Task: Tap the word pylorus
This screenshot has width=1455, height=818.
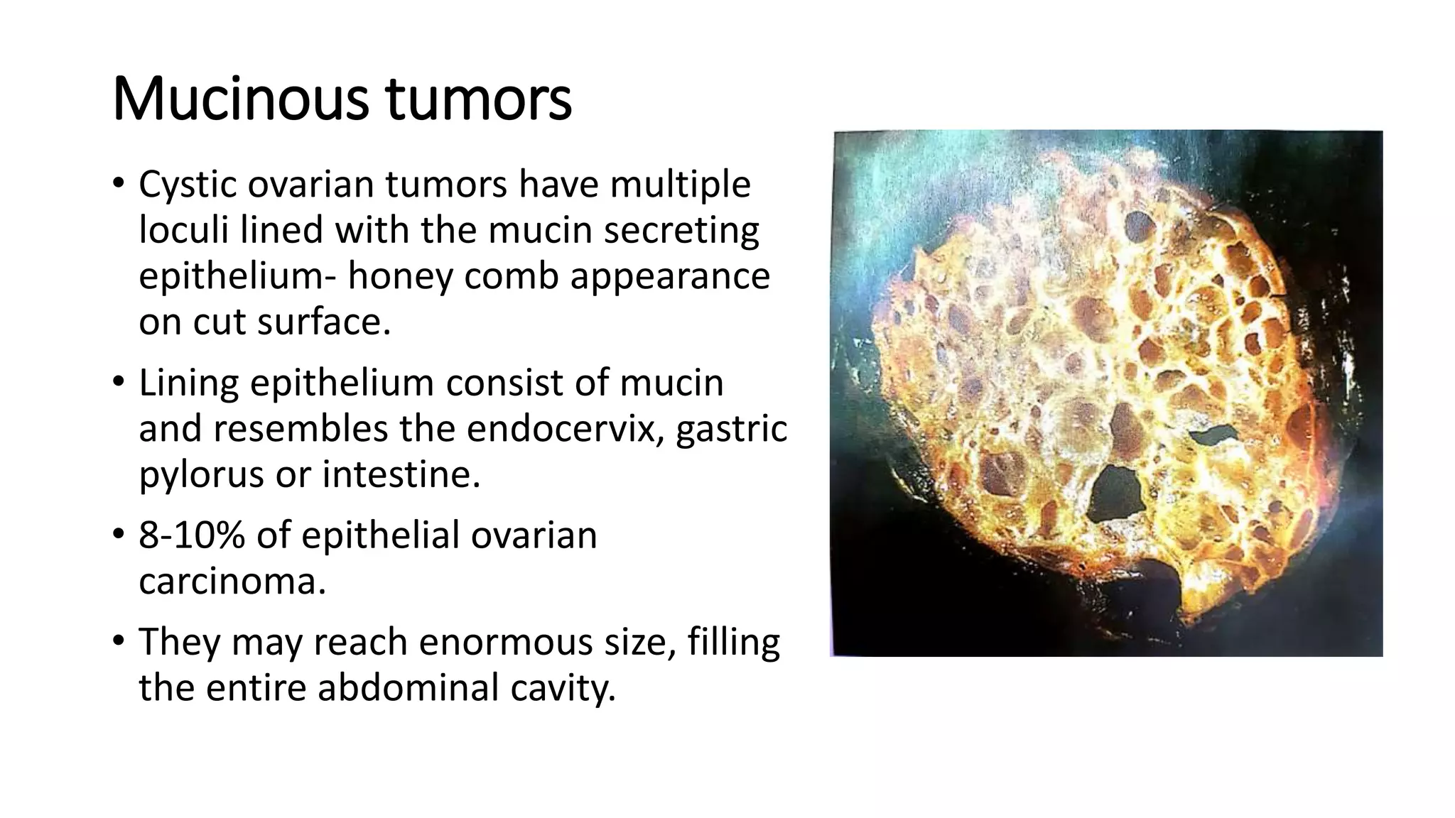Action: [x=201, y=474]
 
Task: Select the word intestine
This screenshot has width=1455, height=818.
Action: [x=401, y=474]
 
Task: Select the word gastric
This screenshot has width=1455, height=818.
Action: [x=731, y=428]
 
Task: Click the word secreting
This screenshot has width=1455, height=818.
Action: [x=681, y=230]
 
